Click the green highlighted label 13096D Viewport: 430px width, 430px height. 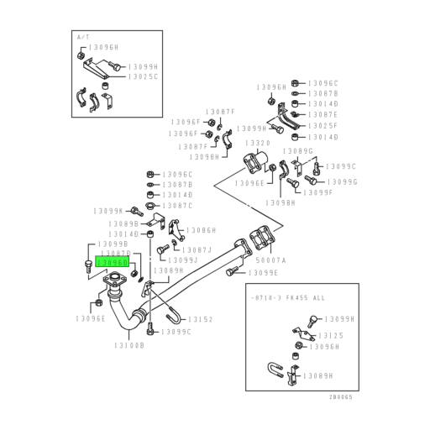tap(113, 262)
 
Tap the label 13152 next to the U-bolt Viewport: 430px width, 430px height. tap(200, 319)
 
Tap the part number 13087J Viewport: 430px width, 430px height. tap(199, 249)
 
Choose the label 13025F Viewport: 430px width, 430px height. tap(322, 125)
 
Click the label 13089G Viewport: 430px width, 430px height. tap(298, 151)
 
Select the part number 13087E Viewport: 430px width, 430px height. tap(322, 114)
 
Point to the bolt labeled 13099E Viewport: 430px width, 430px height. tap(233, 273)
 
